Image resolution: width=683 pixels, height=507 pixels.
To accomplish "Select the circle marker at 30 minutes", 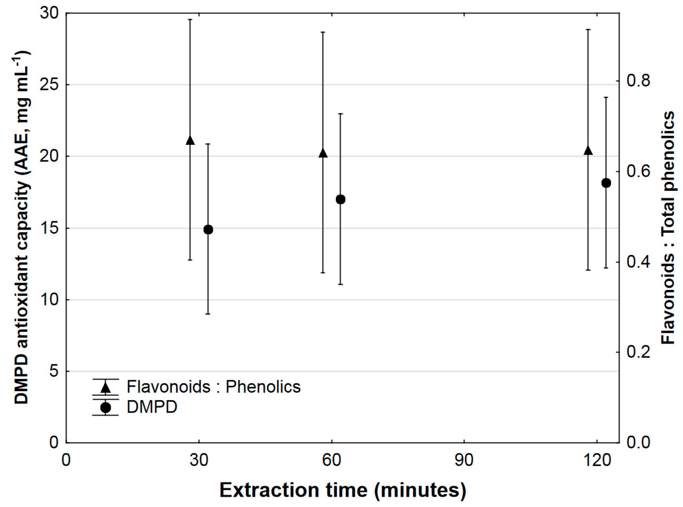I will (x=208, y=230).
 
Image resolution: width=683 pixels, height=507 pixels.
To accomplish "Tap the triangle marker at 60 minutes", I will (x=323, y=153).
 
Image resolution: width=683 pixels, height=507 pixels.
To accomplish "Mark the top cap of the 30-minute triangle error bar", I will (x=190, y=19).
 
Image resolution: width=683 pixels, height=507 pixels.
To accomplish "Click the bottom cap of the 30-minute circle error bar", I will (x=208, y=314).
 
